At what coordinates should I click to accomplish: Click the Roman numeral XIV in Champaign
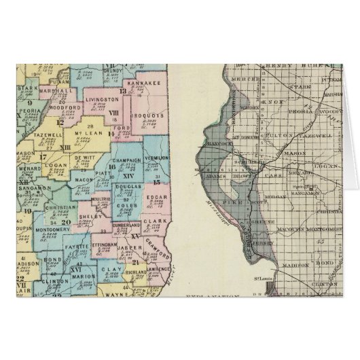pos(129,175)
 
